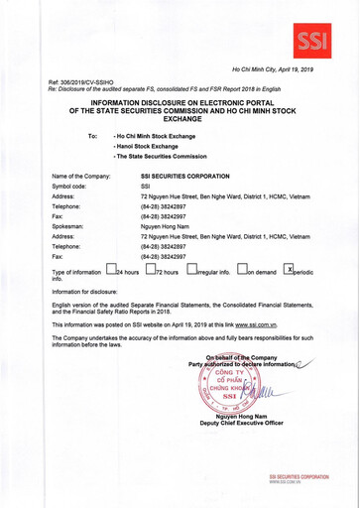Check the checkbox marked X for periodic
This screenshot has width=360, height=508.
click(x=289, y=269)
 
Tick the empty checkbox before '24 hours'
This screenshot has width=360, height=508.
click(x=111, y=269)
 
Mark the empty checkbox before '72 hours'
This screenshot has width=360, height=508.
click(x=150, y=269)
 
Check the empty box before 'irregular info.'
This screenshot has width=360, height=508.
click(x=192, y=269)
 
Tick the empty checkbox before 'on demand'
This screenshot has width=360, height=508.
click(x=243, y=269)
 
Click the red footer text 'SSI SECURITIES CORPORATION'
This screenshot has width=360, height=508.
click(x=299, y=477)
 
